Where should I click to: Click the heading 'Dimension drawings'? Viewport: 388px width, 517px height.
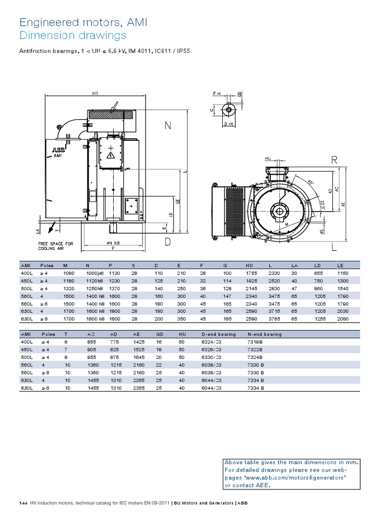point(72,35)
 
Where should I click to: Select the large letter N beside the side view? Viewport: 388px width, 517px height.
point(168,126)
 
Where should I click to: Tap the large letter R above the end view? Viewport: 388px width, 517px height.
point(334,161)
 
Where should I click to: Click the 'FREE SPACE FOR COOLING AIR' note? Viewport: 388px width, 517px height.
point(56,246)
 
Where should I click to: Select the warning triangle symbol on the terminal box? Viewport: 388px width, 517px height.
point(109,154)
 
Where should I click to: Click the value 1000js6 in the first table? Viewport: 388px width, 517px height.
point(94,273)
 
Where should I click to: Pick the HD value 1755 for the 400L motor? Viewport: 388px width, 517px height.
point(252,273)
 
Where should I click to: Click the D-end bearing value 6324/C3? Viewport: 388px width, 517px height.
point(211,342)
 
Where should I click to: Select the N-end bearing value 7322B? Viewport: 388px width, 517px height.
point(256,349)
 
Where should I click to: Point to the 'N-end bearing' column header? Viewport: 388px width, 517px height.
point(264,334)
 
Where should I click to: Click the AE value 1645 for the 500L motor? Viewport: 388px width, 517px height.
point(140,357)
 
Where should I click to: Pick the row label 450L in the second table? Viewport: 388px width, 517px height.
point(26,349)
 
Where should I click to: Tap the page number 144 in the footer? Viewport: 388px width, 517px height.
point(23,504)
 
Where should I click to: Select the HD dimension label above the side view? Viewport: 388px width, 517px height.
point(95,93)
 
